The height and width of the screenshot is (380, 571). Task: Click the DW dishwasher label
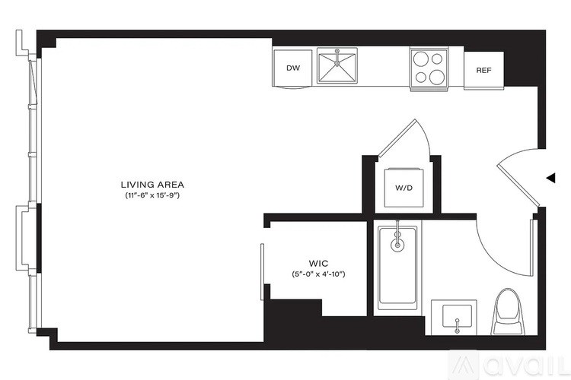[x=293, y=68]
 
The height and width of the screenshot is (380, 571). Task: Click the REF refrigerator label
[x=483, y=70]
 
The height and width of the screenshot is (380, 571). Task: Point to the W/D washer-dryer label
[x=403, y=188]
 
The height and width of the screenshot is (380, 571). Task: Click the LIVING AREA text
[x=152, y=185]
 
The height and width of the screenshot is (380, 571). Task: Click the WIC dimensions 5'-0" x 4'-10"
[x=319, y=274]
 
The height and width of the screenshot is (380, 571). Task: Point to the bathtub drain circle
[x=397, y=245]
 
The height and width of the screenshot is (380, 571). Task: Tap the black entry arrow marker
[x=550, y=178]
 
